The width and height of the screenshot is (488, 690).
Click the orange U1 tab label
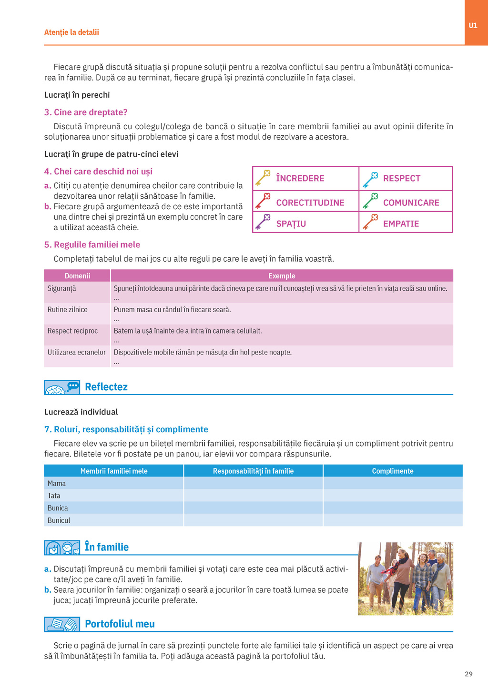click(473, 26)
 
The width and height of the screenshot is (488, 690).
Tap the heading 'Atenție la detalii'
click(71, 32)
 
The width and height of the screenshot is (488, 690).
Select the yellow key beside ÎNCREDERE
click(263, 178)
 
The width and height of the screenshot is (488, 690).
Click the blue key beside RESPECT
click(370, 179)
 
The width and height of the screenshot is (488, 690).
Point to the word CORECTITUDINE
click(310, 203)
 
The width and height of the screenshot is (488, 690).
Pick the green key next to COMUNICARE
click(370, 201)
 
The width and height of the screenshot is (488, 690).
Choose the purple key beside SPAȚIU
click(263, 222)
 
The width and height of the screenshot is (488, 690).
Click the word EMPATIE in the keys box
click(401, 224)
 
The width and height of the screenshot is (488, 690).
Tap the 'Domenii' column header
click(77, 276)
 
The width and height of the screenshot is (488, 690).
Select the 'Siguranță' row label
click(61, 289)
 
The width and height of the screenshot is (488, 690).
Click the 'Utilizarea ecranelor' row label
click(76, 353)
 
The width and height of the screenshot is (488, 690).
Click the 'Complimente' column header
click(392, 471)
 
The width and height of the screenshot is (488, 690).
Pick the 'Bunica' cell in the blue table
click(58, 508)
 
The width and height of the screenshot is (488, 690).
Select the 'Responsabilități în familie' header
click(253, 471)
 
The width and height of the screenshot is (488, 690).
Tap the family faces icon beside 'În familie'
click(62, 548)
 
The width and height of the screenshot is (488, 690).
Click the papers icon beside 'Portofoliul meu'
click(62, 624)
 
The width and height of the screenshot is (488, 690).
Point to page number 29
click(468, 674)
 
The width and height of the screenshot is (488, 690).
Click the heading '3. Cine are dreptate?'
click(86, 112)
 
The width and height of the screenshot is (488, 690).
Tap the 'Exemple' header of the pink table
click(282, 276)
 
